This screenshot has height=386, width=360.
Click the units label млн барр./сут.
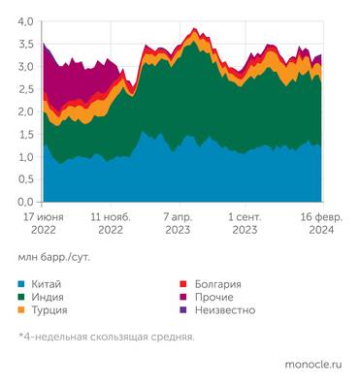[x=58, y=259]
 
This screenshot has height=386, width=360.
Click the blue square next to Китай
[x=22, y=285]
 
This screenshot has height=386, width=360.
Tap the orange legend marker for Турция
[x=22, y=310]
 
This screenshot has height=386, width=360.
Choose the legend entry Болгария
[x=217, y=285]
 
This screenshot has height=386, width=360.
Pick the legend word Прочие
[x=214, y=298]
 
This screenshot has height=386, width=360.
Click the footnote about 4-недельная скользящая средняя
[x=106, y=337]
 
